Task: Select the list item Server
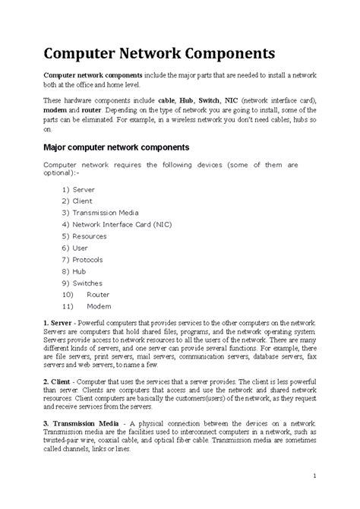[83, 188]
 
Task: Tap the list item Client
[82, 201]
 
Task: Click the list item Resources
[90, 236]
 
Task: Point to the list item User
[80, 248]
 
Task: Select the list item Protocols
[89, 259]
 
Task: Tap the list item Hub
[79, 270]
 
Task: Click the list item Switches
[87, 282]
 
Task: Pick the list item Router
[98, 294]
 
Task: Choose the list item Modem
[99, 305]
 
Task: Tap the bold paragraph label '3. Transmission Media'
[81, 422]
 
